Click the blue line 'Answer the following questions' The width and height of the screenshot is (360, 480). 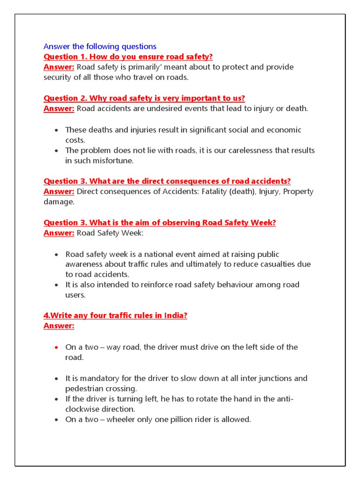point(100,46)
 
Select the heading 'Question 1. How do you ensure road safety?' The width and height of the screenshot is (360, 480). point(128,57)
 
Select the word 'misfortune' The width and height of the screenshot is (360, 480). point(112,161)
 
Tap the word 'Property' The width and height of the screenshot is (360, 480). point(299,191)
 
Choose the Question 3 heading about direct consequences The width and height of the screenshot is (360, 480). point(167,181)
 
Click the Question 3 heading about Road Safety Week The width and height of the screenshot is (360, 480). point(159,223)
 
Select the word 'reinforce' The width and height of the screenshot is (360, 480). point(151,285)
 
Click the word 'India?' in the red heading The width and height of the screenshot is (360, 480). point(176,315)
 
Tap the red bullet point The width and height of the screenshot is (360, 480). point(56,347)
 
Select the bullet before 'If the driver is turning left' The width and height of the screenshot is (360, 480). point(56,399)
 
